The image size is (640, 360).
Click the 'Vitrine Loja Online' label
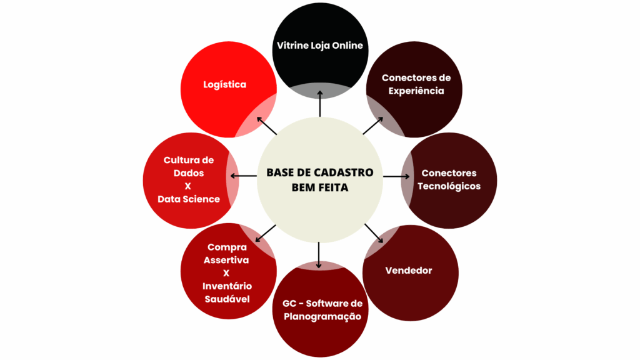(320, 46)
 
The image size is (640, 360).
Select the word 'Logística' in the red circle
(225, 84)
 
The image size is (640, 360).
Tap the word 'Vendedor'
(409, 271)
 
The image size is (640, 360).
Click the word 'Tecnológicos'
(449, 186)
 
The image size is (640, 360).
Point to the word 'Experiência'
(416, 91)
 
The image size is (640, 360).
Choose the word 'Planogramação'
(322, 316)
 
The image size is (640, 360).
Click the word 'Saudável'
(226, 299)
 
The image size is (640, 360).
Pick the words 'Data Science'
(189, 199)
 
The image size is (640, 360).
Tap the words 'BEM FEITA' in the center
(320, 187)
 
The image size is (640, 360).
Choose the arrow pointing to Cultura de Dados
(248, 176)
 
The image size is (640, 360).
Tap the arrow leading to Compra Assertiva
(265, 232)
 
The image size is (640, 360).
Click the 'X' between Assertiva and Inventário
(226, 272)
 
